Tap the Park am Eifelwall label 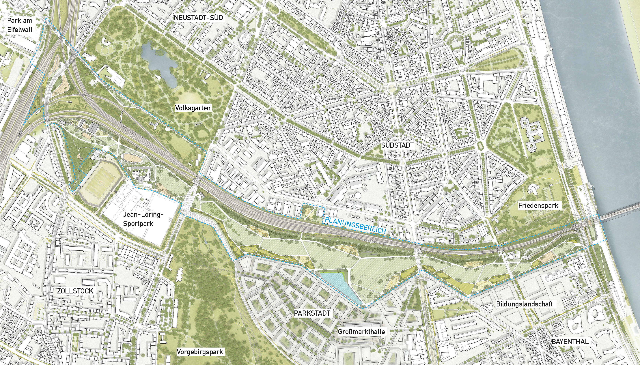click(x=20, y=25)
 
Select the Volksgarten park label click(x=193, y=108)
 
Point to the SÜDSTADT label click(x=397, y=145)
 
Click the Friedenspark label click(x=538, y=206)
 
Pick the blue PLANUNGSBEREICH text click(x=355, y=225)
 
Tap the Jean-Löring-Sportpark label click(x=143, y=219)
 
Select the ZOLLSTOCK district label click(x=75, y=291)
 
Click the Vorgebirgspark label click(x=200, y=352)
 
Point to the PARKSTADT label click(x=312, y=313)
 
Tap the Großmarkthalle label click(x=361, y=332)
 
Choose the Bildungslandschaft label click(x=524, y=304)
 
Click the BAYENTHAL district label click(x=570, y=341)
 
